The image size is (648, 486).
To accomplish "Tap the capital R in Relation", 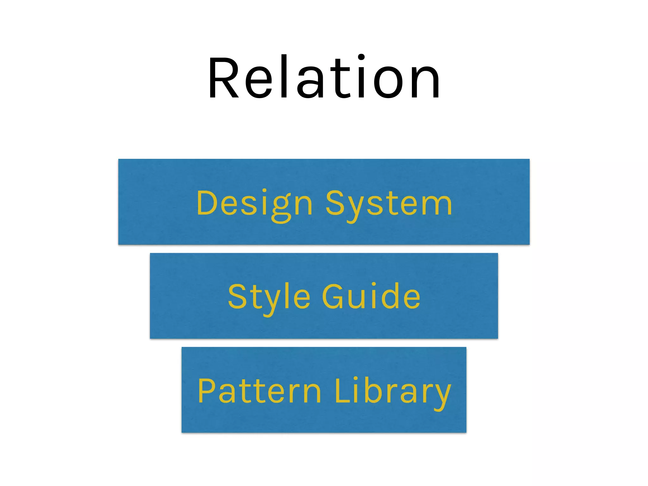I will coord(223,78).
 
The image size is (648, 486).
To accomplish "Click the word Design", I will coord(254,204).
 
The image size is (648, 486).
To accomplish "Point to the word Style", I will coord(269,297).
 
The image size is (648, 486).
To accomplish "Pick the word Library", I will coord(392,392).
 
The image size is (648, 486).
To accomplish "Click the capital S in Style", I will coord(237,296).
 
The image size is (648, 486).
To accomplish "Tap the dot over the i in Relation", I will coord(361,57).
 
